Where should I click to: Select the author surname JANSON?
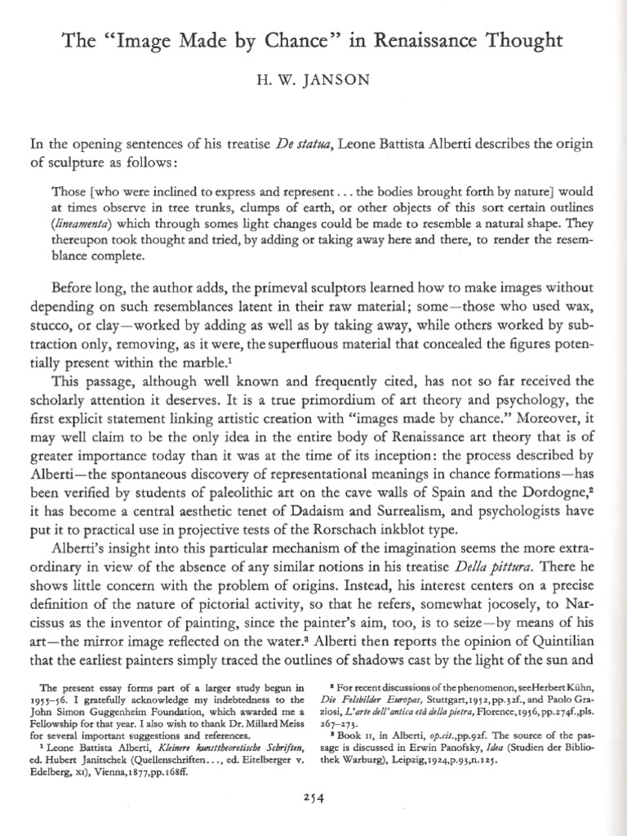tap(330, 81)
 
